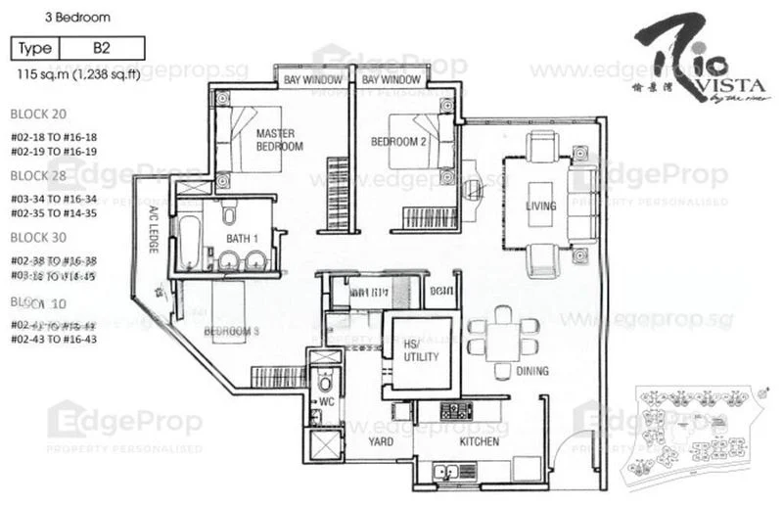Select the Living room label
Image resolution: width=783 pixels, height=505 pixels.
coord(540,207)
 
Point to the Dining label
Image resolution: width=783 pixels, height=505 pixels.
coord(531,372)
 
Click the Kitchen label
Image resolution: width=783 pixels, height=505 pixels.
coord(479,442)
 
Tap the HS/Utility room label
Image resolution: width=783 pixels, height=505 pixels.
coord(422,350)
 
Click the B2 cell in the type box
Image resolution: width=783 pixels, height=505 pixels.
coord(101,47)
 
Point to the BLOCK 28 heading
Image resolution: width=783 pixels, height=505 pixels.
coord(38,175)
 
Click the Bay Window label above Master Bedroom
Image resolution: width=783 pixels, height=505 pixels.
coord(312,79)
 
